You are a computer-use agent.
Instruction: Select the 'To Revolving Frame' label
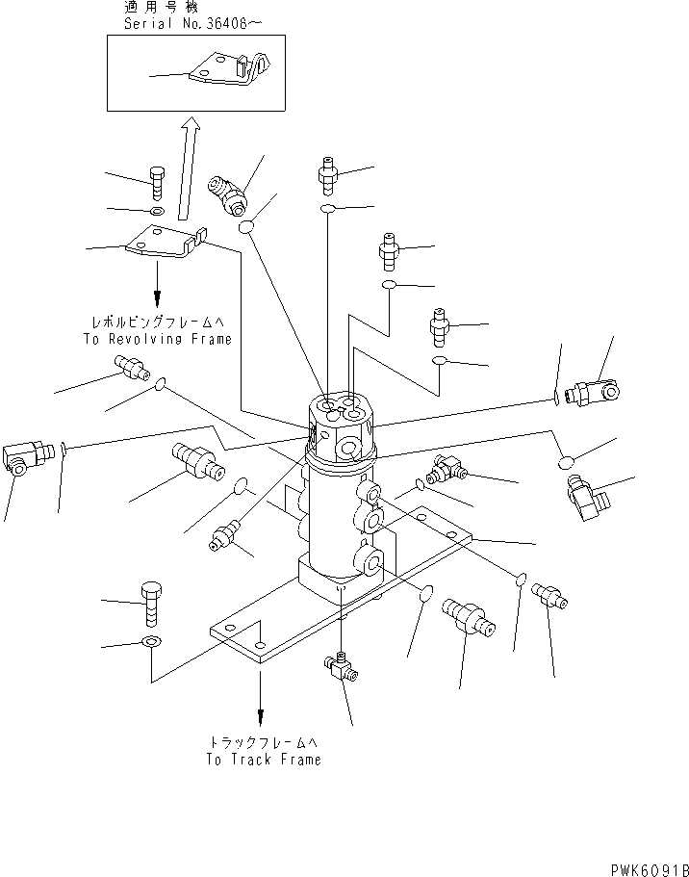coord(158,339)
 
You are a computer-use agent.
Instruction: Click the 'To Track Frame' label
coord(263,759)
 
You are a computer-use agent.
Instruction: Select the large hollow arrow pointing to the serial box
coord(189,169)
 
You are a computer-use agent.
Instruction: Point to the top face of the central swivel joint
coord(343,412)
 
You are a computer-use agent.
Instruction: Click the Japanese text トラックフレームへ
coord(263,742)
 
